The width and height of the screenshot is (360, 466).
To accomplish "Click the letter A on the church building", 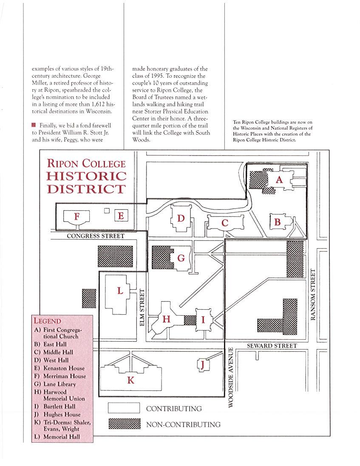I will click(279, 180).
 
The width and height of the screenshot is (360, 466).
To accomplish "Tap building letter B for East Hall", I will click(278, 222).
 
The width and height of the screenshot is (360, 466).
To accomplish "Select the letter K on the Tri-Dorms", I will click(131, 381).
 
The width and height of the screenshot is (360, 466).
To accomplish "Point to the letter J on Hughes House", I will click(203, 364).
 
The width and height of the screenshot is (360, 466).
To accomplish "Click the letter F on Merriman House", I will click(77, 217).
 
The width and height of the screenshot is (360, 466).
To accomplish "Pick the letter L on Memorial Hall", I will click(120, 291).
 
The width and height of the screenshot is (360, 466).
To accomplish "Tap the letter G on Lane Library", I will click(181, 258).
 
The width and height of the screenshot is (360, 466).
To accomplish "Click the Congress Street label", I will click(96, 236).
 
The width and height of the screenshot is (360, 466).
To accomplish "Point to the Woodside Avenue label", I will click(231, 378).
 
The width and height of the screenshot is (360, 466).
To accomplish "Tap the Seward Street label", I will click(272, 346).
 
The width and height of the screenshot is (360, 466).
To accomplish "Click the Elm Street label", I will click(142, 308).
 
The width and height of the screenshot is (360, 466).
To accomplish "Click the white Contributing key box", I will click(124, 408).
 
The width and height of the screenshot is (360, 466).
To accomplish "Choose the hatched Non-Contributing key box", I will click(125, 424).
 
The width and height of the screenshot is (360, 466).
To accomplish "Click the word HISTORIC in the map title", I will click(86, 176).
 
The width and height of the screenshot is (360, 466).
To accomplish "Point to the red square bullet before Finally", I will click(33, 125).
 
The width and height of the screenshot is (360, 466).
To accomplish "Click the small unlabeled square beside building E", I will click(107, 211).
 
